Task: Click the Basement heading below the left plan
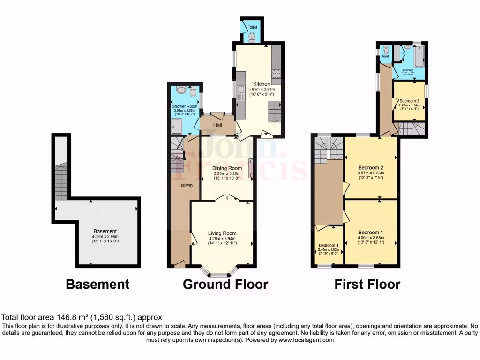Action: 97,284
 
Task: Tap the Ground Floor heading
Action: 225,284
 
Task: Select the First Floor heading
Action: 367,284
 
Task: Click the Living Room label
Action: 222,233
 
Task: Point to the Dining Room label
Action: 227,168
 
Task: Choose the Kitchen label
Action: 259,84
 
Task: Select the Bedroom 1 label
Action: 371,232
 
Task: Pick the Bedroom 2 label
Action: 371,167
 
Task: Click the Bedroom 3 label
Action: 409,101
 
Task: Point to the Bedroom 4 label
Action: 329,245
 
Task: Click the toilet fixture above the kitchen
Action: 252,36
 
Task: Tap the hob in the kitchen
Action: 276,74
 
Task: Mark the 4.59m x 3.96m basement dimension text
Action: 105,237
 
